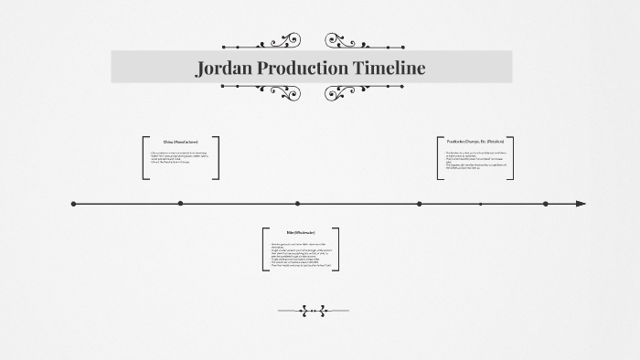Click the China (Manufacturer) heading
[180, 142]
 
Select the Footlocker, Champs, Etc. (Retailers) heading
[475, 142]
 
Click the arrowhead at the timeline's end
[581, 204]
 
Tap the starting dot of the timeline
[74, 204]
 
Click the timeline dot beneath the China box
[180, 203]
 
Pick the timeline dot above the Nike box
[297, 204]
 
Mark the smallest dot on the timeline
[480, 204]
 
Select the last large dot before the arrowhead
[545, 204]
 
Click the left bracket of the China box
[144, 157]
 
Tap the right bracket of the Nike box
[336, 249]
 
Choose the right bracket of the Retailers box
[512, 157]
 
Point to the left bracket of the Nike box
[263, 249]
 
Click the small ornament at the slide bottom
[313, 311]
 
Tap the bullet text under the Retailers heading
[474, 159]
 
